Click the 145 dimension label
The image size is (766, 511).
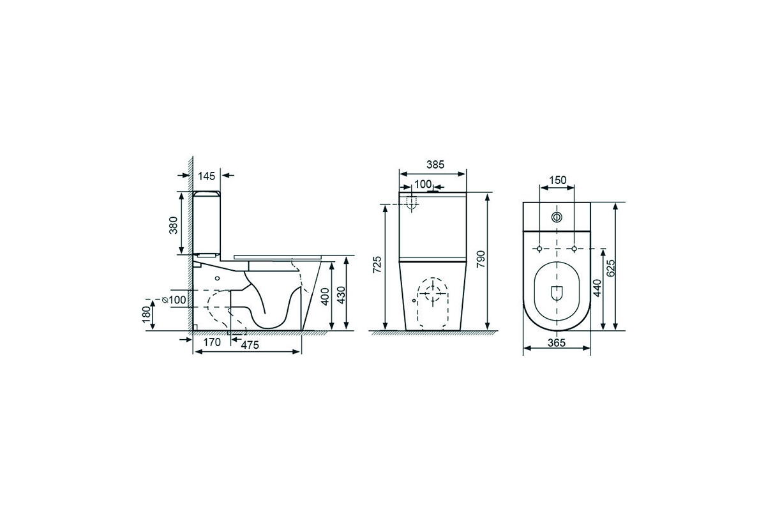pyautogui.click(x=207, y=176)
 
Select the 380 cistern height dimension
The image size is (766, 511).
pyautogui.click(x=174, y=225)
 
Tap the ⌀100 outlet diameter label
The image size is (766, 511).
pyautogui.click(x=174, y=300)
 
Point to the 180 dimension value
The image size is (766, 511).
pyautogui.click(x=147, y=314)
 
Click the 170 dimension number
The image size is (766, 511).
pyautogui.click(x=212, y=342)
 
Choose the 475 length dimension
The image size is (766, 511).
pyautogui.click(x=250, y=345)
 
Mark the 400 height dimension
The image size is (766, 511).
pyautogui.click(x=325, y=296)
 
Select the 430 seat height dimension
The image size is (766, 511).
pyautogui.click(x=342, y=295)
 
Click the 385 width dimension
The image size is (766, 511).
pyautogui.click(x=435, y=165)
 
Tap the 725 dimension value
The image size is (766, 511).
pyautogui.click(x=377, y=264)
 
